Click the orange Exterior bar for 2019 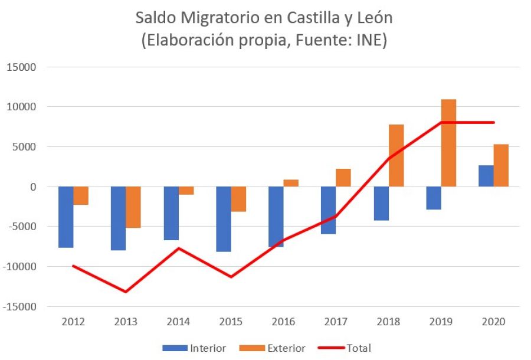(x=448, y=143)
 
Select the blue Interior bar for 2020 (x=486, y=176)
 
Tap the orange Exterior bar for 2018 (x=396, y=155)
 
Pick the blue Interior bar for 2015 (x=224, y=219)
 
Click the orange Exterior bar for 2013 (x=133, y=207)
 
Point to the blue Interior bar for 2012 (x=65, y=217)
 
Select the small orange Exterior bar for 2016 (x=291, y=183)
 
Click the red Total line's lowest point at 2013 (x=126, y=292)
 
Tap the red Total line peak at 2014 (x=178, y=248)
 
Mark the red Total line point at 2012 (x=73, y=266)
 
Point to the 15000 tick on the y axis (x=22, y=67)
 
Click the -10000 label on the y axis (x=19, y=267)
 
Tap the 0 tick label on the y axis (x=33, y=186)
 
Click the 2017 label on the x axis (x=336, y=322)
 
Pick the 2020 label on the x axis (x=494, y=322)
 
